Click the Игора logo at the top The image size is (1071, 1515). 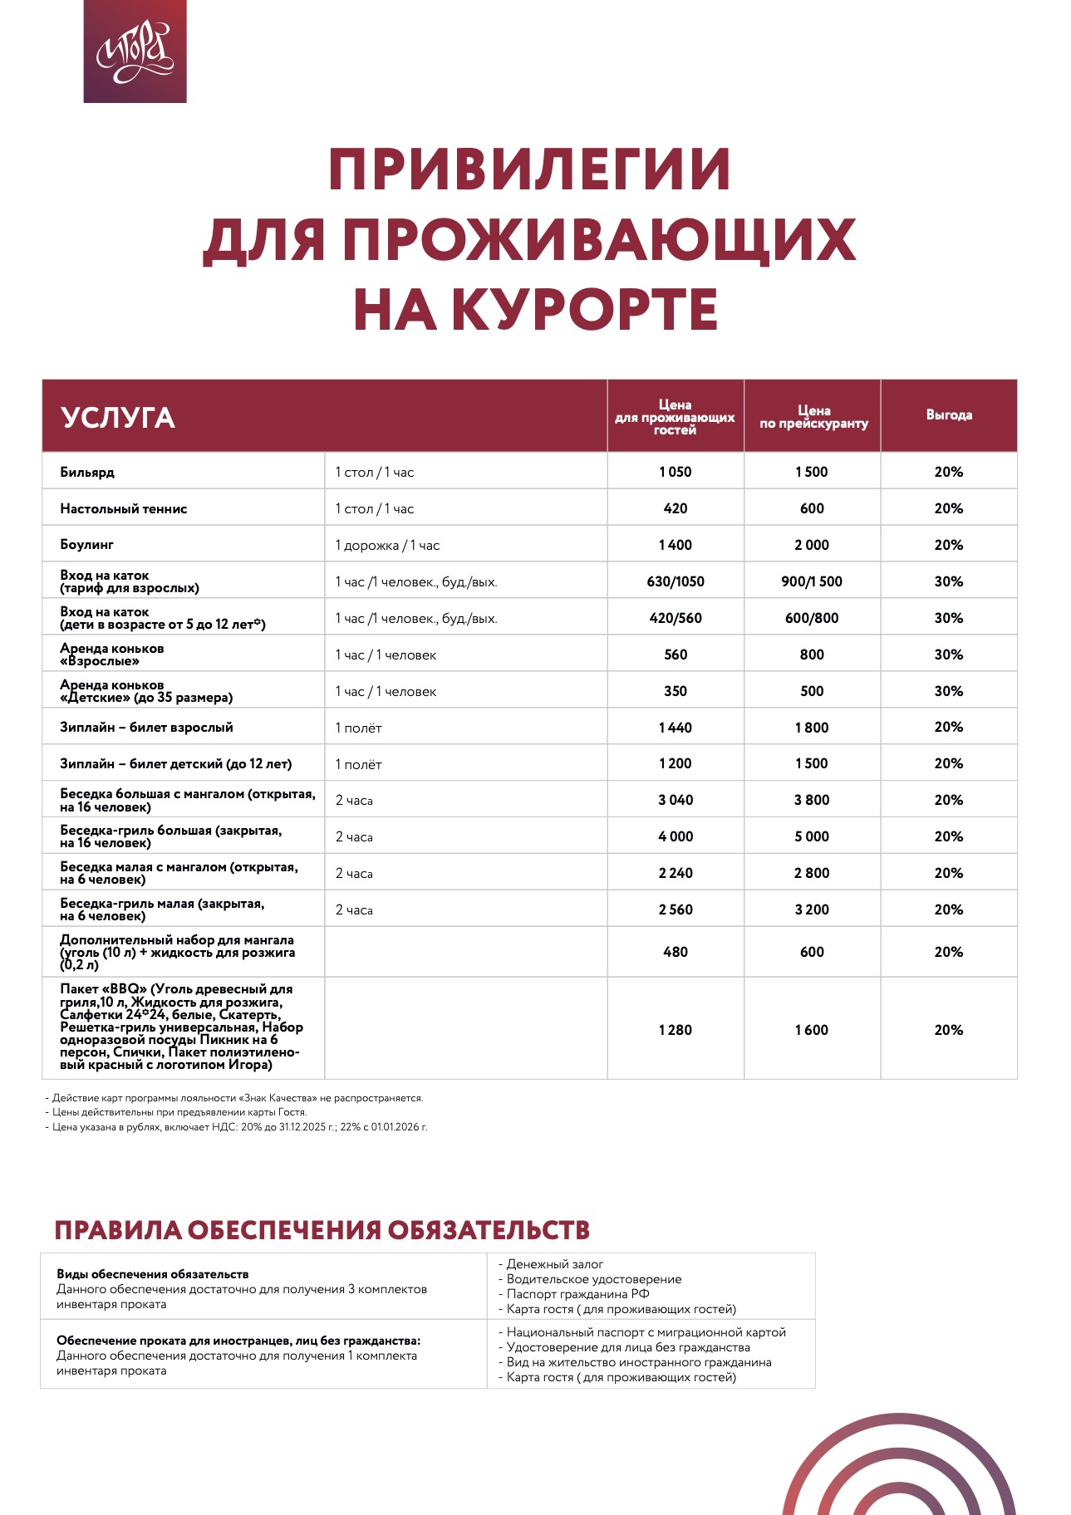point(135,51)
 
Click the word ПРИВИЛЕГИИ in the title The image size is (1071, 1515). point(529,169)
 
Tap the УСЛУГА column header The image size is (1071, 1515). point(118,417)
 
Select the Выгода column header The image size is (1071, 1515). point(949,414)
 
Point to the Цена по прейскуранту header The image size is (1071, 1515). point(813,416)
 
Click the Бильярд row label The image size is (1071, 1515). point(87,472)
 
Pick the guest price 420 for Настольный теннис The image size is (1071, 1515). point(676,508)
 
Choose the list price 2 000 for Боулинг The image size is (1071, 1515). point(812,545)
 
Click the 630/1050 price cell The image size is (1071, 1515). point(676,581)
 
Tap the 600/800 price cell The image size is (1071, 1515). point(812,618)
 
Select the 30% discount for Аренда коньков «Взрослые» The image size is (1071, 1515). point(949,655)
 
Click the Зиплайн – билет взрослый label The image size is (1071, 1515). point(146,728)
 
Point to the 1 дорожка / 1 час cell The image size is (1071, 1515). point(387,545)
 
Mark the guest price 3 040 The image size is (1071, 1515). point(676,800)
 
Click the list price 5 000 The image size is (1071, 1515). point(812,836)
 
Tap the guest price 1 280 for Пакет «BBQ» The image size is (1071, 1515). point(676,1030)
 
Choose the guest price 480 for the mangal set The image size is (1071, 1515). point(676,952)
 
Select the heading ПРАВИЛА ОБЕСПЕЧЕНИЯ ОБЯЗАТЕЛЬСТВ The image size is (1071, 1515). point(322,1230)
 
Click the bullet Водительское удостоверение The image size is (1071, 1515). point(593,1279)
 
